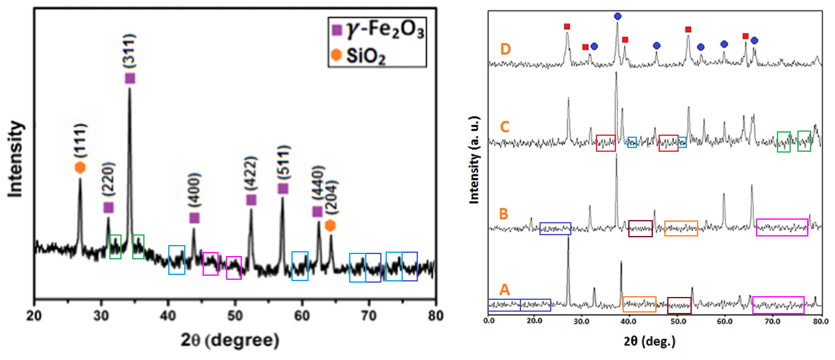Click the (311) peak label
point(129,51)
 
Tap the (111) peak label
point(80,140)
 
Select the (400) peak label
point(194,190)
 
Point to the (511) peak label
point(283,162)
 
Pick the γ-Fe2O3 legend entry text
point(385,29)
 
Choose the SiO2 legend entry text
point(366,56)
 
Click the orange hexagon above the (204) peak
point(330,225)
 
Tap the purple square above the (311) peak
point(130,79)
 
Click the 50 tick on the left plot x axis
point(235,316)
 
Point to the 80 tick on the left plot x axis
point(436,316)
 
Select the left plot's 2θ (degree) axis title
point(230,340)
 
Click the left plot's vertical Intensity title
point(15,159)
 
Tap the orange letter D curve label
point(506,49)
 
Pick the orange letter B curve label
point(503,214)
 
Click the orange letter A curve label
point(505,290)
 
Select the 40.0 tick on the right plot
point(628,321)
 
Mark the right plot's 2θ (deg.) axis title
point(650,341)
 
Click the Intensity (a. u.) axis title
point(474,160)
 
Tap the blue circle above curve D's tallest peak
point(618,16)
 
